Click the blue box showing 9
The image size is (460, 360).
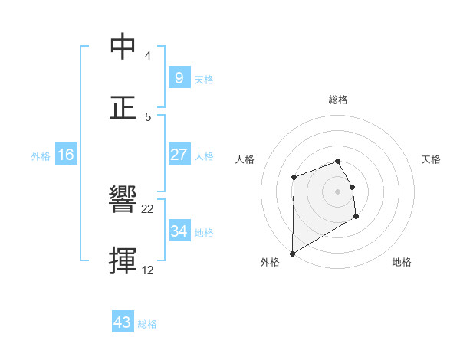click(179, 78)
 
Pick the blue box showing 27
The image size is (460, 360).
click(179, 155)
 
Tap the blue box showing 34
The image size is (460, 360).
click(179, 231)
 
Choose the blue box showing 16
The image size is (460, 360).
click(66, 155)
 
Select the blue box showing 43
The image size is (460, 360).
click(122, 322)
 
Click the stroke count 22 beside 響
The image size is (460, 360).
click(148, 208)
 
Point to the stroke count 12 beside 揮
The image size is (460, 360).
click(148, 270)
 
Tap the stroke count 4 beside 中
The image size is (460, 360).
click(147, 56)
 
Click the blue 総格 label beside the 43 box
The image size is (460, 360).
click(147, 324)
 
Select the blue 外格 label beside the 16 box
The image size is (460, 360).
click(41, 156)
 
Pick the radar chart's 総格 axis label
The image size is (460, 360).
click(338, 100)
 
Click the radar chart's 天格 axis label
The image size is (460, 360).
click(432, 159)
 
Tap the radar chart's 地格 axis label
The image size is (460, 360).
click(402, 262)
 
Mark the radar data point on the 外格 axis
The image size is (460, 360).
click(292, 253)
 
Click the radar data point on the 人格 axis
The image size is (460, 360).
click(294, 178)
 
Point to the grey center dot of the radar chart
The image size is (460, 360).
click(337, 191)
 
